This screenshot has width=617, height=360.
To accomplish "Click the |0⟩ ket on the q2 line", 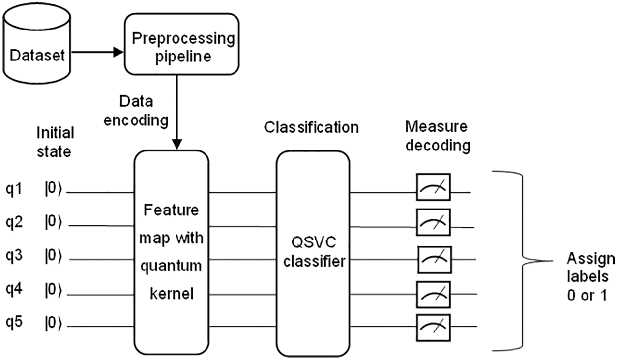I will (x=54, y=224).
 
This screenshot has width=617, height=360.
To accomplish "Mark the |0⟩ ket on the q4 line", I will (x=54, y=292).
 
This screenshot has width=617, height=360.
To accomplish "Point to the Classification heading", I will (x=311, y=127).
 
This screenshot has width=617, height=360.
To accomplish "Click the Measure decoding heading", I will (x=438, y=137).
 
